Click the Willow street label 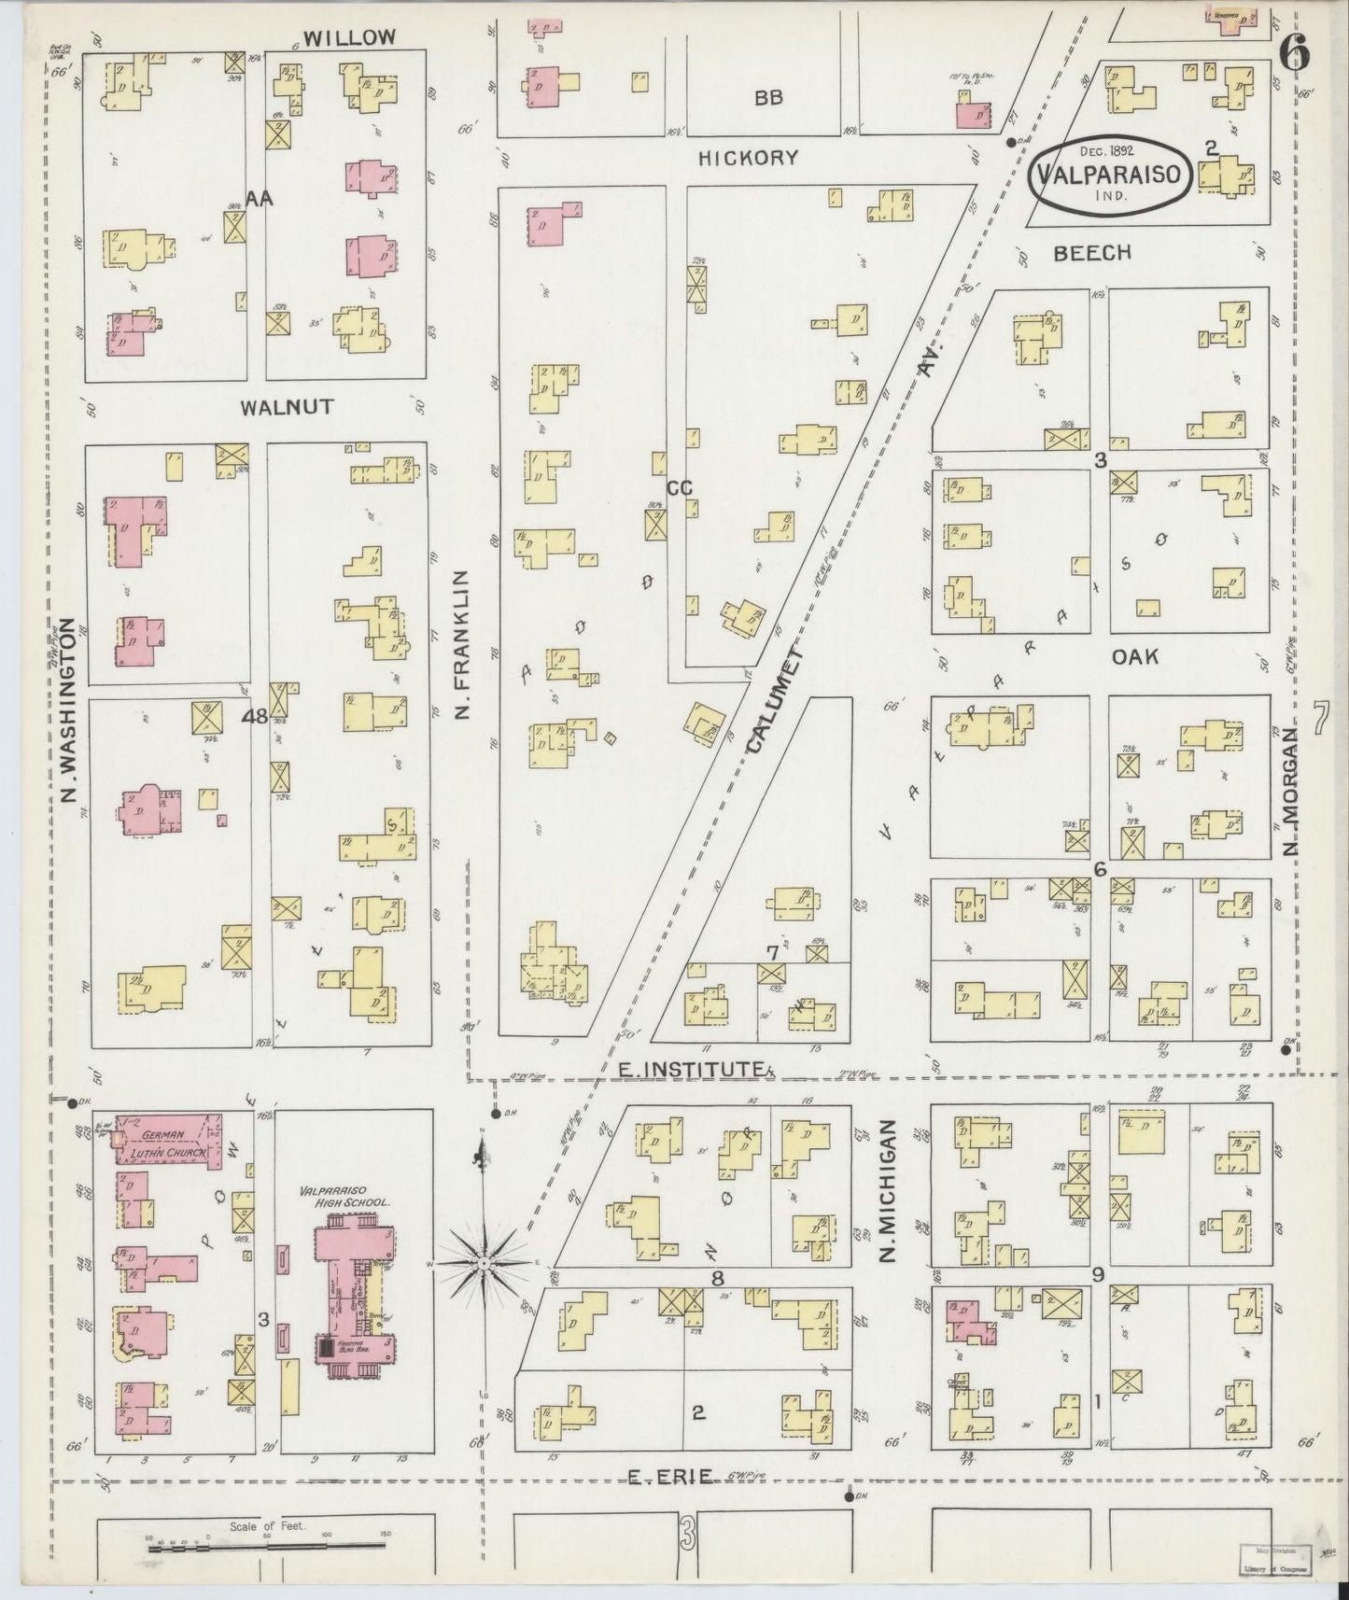(x=350, y=37)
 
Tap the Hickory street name (x=749, y=158)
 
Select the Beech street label (x=1091, y=253)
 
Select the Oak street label (x=1134, y=657)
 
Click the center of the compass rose (x=485, y=1263)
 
